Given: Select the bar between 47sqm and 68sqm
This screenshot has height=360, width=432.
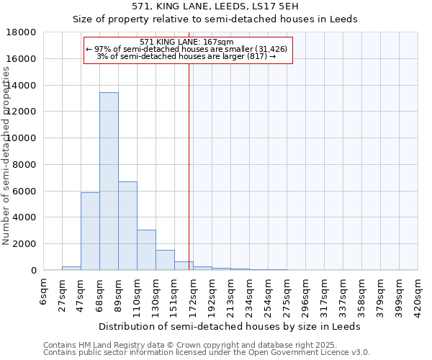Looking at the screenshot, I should click(x=90, y=231).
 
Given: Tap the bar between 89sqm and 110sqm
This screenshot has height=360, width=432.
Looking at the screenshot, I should click(x=127, y=225).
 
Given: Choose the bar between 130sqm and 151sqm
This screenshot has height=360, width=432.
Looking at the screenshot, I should click(x=165, y=260).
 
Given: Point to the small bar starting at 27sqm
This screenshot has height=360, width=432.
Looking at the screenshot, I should click(x=71, y=268).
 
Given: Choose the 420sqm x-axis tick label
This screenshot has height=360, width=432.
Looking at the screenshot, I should click(x=418, y=296).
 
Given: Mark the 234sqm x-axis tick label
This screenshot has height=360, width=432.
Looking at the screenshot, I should click(x=249, y=296).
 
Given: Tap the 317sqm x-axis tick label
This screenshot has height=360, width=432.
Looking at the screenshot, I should click(x=324, y=296).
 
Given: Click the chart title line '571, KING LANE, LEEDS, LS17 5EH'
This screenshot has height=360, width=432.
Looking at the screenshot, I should click(x=215, y=6).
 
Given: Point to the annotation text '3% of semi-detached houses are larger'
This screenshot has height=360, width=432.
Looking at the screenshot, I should click(x=186, y=56).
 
